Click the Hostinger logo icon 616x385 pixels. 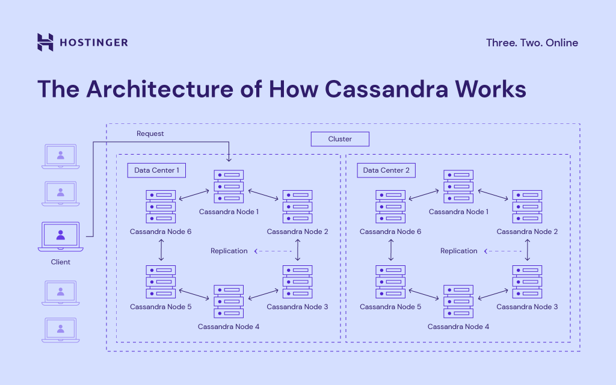45,42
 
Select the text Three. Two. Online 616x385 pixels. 531,43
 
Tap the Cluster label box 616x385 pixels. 340,139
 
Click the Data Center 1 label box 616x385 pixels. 156,170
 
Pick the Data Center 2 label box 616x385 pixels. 386,170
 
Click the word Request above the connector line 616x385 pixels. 150,134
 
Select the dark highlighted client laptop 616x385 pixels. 60,237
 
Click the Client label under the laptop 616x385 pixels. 60,262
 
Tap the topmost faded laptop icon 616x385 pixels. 60,156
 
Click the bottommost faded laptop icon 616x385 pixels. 60,330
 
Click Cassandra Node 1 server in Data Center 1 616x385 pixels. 229,186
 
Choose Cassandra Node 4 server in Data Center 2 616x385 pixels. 458,301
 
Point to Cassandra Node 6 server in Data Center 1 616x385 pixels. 161,206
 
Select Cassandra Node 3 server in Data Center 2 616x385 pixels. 528,282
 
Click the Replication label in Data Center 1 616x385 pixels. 229,251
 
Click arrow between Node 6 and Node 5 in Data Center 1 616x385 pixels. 161,250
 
